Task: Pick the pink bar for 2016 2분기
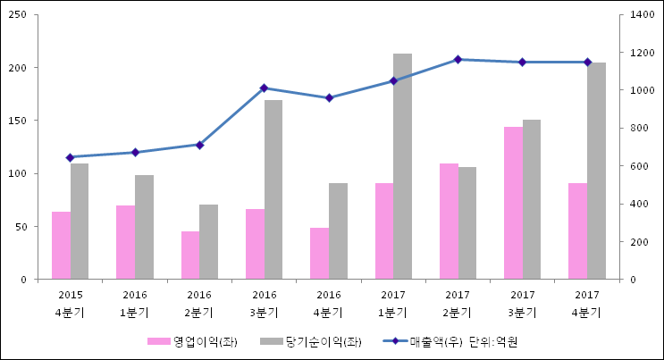[x=190, y=255]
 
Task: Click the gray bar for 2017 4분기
[x=596, y=171]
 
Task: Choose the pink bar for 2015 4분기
[x=61, y=246]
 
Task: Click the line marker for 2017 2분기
[x=458, y=60]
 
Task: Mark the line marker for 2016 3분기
[x=264, y=88]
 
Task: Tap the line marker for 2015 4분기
[x=70, y=157]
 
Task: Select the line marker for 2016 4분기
[x=329, y=98]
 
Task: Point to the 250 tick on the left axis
[x=19, y=15]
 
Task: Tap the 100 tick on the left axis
[x=19, y=173]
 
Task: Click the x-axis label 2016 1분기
[x=135, y=304]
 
